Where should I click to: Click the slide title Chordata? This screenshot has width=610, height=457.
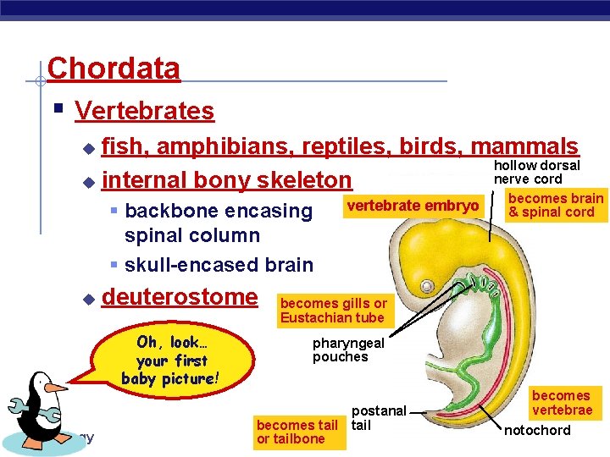(114, 68)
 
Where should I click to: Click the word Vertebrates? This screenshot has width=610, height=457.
(144, 111)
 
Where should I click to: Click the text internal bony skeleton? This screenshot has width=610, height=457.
(226, 179)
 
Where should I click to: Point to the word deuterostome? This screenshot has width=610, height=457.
(179, 297)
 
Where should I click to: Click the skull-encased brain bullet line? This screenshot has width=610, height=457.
(218, 265)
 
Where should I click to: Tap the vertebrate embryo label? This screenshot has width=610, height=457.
(413, 206)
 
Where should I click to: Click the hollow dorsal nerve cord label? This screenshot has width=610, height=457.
(536, 172)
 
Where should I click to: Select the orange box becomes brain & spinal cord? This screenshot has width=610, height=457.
(555, 205)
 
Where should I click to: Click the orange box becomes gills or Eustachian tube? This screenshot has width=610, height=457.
(333, 311)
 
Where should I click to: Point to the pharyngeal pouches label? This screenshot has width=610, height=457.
(348, 350)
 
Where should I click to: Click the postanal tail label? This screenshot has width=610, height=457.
(379, 418)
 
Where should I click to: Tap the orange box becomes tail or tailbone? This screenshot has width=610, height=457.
(297, 432)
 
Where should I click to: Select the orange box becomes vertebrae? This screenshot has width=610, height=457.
(561, 403)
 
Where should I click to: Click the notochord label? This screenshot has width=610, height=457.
(537, 431)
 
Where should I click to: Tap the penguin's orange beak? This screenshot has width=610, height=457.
(57, 388)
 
